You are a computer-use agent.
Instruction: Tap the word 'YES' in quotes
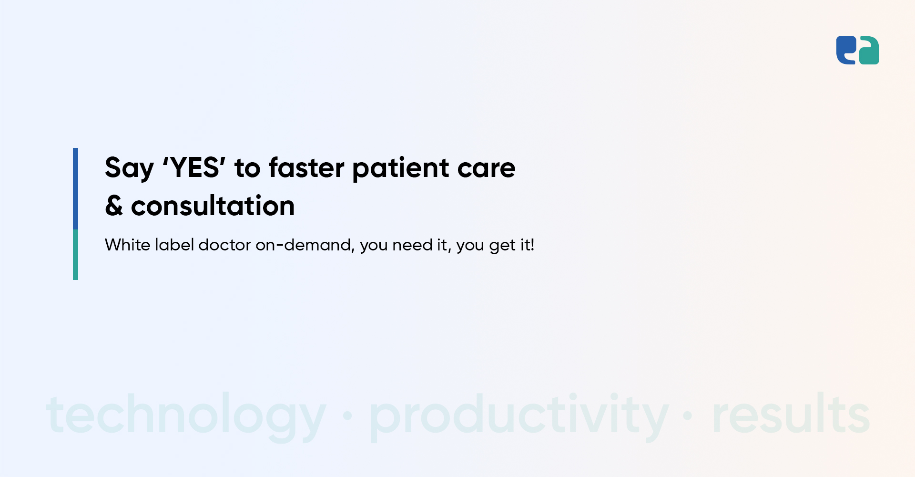[x=194, y=167]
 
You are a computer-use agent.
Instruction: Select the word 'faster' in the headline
[x=306, y=167]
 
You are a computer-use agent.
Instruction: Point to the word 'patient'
[x=401, y=169]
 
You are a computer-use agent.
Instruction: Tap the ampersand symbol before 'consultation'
[x=114, y=206]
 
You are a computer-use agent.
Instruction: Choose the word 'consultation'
[x=213, y=206]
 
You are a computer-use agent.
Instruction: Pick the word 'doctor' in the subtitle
[x=224, y=245]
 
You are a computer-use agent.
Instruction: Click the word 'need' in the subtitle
[x=412, y=245]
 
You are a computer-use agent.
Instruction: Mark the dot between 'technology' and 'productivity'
[x=347, y=416]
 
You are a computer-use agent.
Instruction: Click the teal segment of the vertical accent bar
[x=75, y=255]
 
